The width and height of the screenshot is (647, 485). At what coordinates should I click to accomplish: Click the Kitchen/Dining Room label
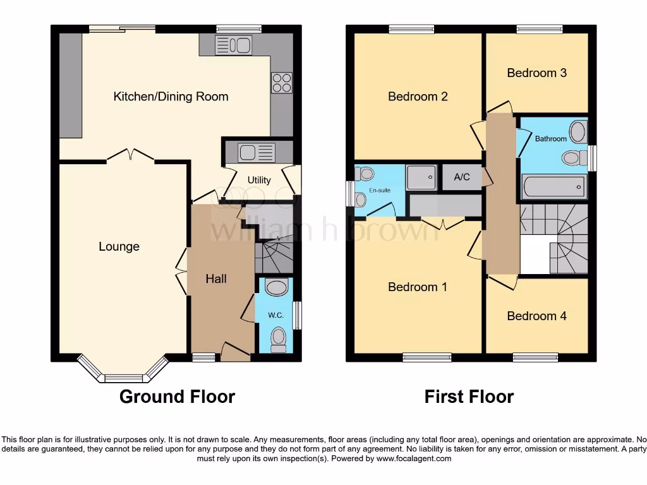point(171,97)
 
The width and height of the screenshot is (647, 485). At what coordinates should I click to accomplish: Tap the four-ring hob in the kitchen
point(282,83)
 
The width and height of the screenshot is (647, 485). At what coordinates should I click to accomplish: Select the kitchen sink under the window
point(233,45)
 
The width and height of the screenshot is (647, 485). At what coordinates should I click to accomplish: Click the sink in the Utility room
point(257,152)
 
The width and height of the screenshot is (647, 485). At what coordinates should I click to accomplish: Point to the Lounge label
point(119,247)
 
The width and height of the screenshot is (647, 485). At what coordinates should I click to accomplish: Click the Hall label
point(216,278)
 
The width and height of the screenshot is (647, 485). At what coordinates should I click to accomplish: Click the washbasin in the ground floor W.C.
point(276,289)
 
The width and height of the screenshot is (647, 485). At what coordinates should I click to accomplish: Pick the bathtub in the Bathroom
point(553,186)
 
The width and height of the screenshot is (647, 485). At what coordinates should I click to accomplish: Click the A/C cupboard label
point(462,177)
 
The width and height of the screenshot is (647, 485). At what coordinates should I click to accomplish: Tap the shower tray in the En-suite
point(421,177)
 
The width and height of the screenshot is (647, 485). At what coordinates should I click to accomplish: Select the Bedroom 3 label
point(536,73)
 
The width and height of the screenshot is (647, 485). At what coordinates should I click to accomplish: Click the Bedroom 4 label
point(536,316)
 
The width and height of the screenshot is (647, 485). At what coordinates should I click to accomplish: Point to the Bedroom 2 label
point(418,97)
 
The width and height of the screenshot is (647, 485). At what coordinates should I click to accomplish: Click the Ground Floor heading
point(177,397)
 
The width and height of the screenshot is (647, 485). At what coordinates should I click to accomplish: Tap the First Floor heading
point(469,397)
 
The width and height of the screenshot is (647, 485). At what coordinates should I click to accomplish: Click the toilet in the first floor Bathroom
point(573,157)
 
